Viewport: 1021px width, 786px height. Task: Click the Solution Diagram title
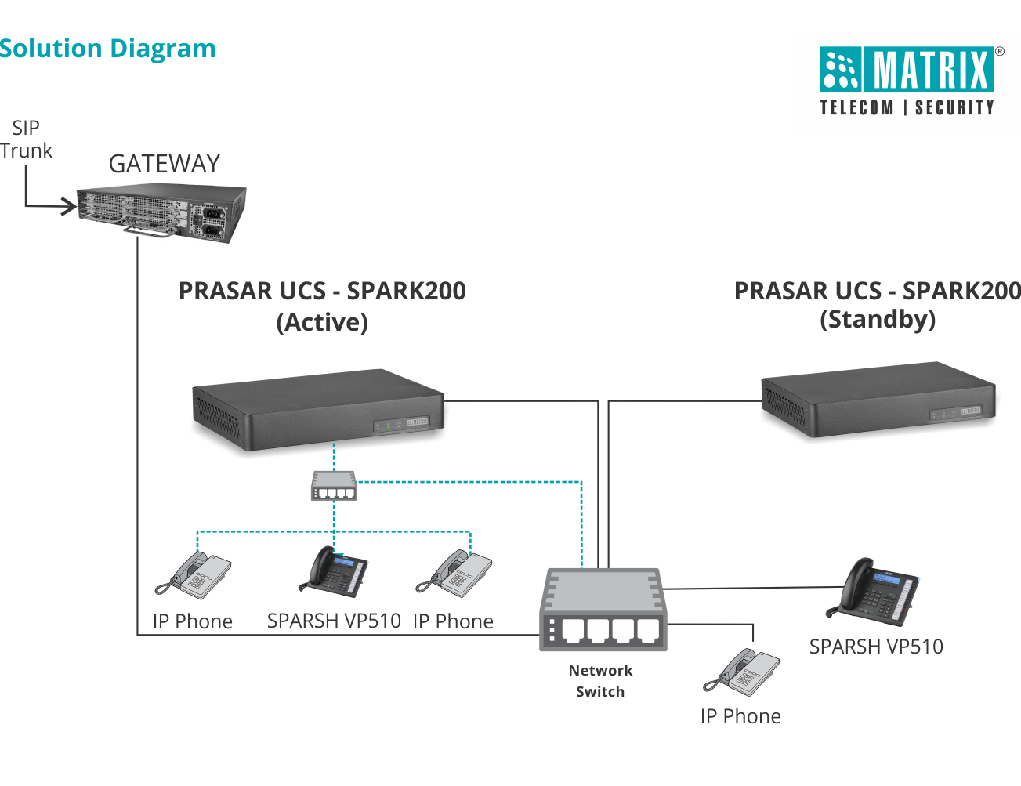[x=107, y=49]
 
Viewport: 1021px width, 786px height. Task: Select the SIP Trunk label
[x=26, y=139]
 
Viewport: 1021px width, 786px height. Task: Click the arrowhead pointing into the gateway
[x=71, y=207]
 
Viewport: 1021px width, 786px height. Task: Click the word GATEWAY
[x=164, y=164]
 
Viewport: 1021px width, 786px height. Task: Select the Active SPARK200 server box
[x=318, y=409]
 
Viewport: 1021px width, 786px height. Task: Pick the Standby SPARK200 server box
[x=878, y=399]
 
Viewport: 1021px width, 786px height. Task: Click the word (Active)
[x=322, y=322]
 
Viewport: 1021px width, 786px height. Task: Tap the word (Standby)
[x=878, y=319]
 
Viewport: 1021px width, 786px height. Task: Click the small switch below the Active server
[x=334, y=486]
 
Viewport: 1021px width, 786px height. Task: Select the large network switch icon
[x=603, y=610]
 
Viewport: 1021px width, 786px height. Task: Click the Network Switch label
[x=600, y=681]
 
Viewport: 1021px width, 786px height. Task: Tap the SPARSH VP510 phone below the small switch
[x=334, y=570]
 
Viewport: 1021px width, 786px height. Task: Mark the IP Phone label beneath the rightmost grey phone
[x=740, y=716]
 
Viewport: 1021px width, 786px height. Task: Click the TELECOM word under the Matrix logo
[x=856, y=107]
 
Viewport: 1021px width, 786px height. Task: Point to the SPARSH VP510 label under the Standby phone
[x=876, y=647]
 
